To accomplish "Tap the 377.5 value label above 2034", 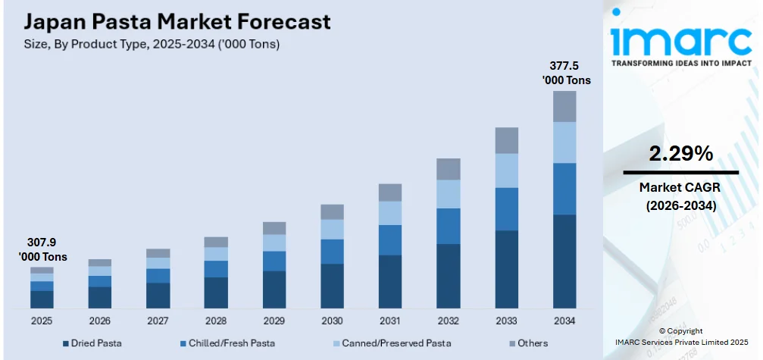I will (565, 73).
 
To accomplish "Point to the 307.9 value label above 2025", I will (42, 250).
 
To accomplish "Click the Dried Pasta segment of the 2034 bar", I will (564, 261).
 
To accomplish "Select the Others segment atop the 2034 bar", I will (564, 107).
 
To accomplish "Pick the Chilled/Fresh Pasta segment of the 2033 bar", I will (507, 208).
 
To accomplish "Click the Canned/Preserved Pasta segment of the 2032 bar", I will (449, 194).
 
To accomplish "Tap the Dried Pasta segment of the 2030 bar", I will (332, 286).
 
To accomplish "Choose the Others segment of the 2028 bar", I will (216, 242).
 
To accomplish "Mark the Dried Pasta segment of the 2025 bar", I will (42, 299).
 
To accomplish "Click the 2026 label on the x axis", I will (100, 321).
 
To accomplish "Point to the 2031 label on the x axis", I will (390, 321).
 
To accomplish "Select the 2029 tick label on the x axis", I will (274, 321).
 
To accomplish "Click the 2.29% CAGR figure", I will (680, 154).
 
